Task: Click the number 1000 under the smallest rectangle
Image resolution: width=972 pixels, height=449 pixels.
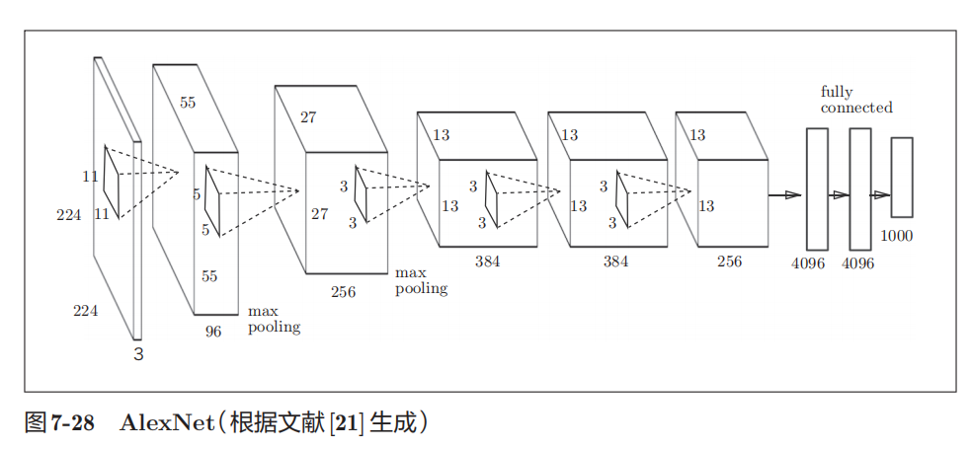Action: [897, 236]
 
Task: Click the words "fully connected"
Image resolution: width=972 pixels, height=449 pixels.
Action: [855, 100]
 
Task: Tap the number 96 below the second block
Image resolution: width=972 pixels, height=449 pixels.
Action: [213, 332]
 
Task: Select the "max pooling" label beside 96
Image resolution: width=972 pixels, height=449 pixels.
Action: [274, 319]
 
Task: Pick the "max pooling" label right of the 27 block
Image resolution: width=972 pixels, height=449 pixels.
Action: [421, 280]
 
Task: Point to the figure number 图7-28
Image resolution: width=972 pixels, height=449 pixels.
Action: [59, 423]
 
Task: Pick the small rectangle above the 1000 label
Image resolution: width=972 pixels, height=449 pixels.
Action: [901, 177]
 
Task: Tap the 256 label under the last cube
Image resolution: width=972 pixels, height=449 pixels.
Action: [729, 262]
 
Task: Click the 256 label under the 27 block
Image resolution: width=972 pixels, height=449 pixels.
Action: [343, 291]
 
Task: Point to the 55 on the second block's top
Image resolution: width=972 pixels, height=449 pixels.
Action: [188, 103]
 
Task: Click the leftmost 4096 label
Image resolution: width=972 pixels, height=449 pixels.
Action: [808, 263]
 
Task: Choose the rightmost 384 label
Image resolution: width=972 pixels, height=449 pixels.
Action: [616, 262]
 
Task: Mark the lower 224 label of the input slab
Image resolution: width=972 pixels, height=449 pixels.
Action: [85, 311]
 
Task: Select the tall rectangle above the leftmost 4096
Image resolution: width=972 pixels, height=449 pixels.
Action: [817, 188]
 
